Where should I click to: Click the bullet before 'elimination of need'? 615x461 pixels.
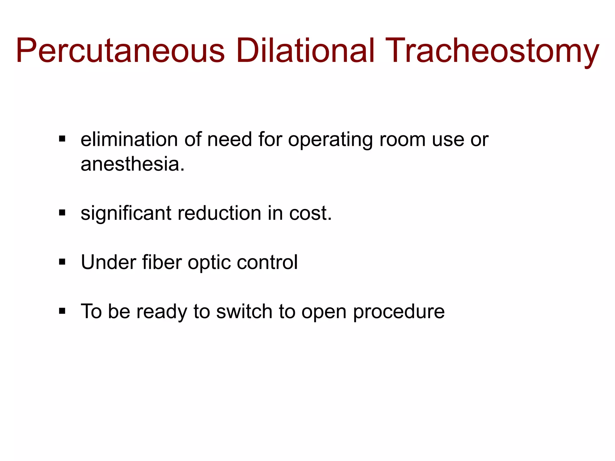[62, 139]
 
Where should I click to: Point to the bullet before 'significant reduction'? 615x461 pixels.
[62, 213]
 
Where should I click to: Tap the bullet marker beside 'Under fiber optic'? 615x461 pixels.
[62, 262]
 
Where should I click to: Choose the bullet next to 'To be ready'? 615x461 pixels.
[62, 311]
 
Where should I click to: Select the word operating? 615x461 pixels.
[330, 140]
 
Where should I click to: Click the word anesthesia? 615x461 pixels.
[132, 164]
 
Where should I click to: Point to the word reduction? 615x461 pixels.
[220, 213]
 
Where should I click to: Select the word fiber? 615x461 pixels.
[162, 262]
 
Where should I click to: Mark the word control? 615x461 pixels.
[267, 262]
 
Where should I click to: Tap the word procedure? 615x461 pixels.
[399, 312]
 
